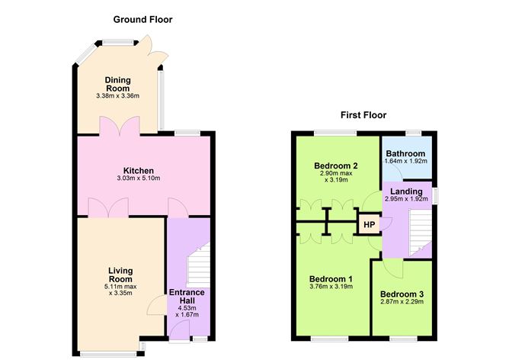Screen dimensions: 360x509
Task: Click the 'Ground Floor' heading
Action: (142, 19)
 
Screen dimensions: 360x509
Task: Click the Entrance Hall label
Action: (186, 297)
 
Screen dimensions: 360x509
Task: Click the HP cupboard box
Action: (370, 225)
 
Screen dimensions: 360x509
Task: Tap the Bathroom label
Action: (407, 153)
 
